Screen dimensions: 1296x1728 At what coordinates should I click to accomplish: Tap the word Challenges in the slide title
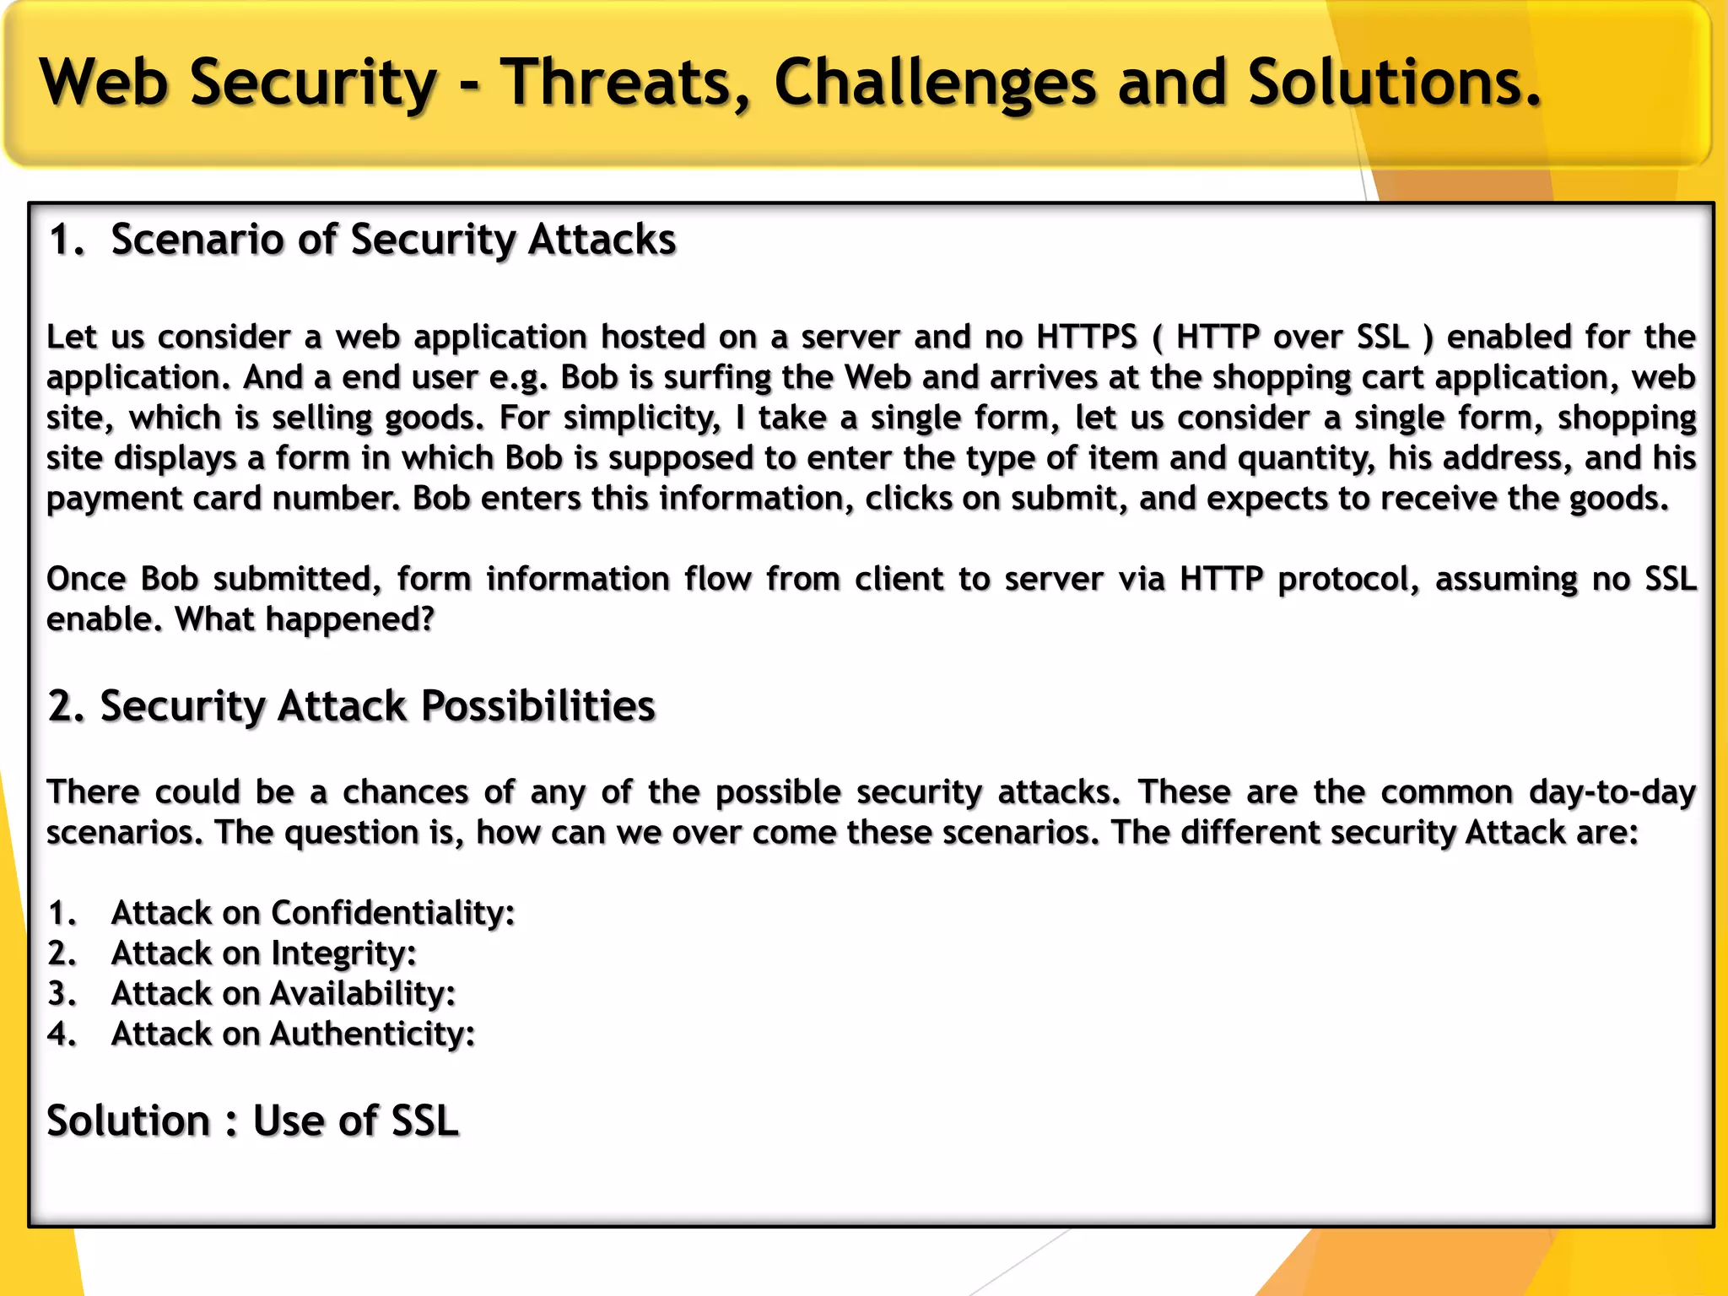click(935, 83)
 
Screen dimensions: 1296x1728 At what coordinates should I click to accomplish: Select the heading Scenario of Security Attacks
click(393, 240)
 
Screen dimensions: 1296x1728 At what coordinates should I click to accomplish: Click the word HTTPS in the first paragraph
click(1087, 337)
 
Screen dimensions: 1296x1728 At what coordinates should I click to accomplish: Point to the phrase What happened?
click(305, 619)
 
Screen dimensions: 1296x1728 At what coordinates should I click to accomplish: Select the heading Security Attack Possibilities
click(377, 705)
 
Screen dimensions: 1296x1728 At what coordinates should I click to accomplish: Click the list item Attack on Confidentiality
click(312, 913)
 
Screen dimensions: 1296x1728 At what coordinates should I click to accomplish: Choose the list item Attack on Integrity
click(263, 953)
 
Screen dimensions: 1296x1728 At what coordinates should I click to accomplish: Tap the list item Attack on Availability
click(283, 994)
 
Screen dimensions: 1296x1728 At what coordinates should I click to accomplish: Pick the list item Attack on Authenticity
click(293, 1034)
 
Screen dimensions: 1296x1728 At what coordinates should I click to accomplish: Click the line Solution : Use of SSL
click(252, 1121)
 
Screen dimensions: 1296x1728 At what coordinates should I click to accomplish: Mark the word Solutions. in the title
click(1394, 83)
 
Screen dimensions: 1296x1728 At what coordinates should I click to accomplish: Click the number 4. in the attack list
click(62, 1034)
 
